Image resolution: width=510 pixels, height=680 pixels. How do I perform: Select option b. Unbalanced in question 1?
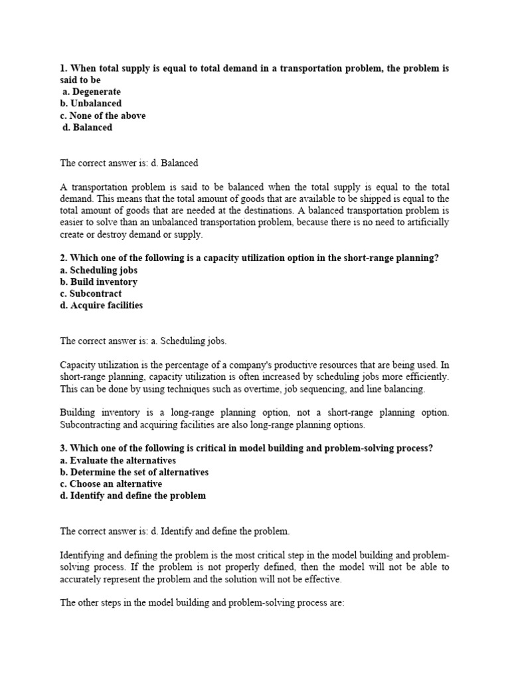91,104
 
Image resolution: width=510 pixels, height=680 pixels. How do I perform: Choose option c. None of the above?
103,116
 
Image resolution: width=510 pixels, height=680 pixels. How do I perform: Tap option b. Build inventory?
99,282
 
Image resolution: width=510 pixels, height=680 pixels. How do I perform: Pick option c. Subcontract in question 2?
91,294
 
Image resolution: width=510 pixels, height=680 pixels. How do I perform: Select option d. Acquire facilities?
101,305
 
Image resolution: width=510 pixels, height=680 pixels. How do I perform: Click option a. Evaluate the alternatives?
118,460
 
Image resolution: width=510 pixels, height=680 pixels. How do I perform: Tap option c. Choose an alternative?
111,483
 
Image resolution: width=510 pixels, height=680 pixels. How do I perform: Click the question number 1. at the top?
64,68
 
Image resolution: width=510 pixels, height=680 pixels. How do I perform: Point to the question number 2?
64,258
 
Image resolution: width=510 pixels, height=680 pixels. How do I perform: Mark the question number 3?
64,448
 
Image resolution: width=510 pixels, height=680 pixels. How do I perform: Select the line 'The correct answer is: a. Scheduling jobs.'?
143,341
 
